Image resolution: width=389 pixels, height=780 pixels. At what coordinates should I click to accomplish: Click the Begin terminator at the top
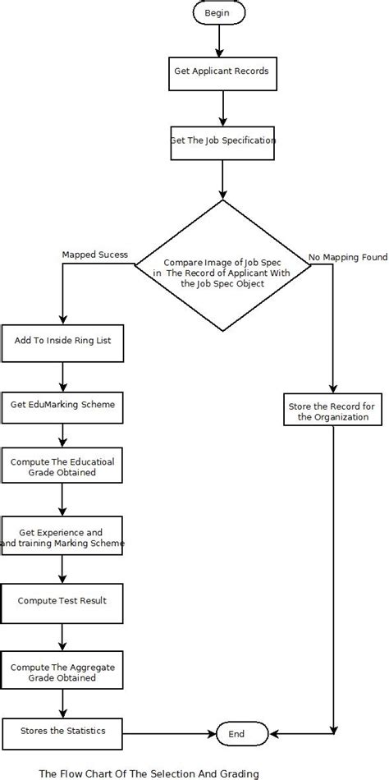point(217,13)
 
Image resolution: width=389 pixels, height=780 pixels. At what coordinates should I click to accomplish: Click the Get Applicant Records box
point(221,71)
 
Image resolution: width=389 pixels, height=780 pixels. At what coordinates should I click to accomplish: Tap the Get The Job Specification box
point(222,140)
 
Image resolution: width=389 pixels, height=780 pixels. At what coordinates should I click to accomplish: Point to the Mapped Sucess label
point(94,255)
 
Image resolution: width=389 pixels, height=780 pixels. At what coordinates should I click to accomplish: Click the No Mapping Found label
point(348,257)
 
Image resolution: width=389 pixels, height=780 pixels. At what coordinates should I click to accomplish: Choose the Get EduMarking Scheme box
point(63,405)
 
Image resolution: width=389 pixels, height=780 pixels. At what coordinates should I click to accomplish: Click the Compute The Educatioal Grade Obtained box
point(63,467)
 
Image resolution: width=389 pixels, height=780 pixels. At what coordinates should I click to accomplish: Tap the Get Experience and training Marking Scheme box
point(63,538)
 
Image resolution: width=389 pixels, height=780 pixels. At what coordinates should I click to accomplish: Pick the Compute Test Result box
point(63,600)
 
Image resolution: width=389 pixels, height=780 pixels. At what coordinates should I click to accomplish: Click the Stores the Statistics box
point(63,730)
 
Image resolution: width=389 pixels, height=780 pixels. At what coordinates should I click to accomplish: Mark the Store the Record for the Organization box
point(333,411)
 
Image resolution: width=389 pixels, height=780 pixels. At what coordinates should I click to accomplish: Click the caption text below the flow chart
point(149,773)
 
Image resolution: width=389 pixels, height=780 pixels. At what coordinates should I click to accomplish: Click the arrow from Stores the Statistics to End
point(169,731)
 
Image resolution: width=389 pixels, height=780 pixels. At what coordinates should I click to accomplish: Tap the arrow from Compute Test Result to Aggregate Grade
point(63,636)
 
